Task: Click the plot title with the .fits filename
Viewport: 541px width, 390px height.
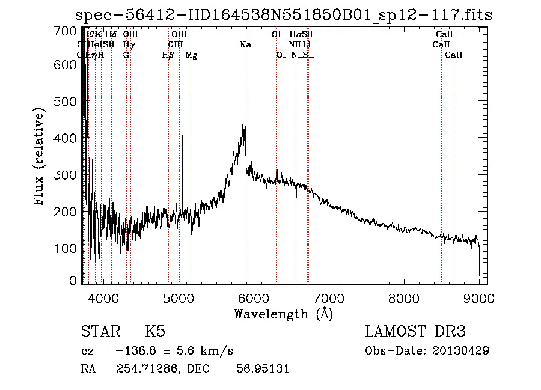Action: pos(283,15)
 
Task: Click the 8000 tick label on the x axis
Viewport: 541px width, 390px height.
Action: pos(404,297)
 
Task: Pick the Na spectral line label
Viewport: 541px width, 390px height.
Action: pos(245,44)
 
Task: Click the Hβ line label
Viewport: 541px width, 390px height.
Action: pos(168,55)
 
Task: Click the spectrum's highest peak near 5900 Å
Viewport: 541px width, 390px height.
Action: pos(243,126)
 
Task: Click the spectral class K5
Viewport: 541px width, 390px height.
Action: pos(154,332)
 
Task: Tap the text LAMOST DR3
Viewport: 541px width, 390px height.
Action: pos(415,332)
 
